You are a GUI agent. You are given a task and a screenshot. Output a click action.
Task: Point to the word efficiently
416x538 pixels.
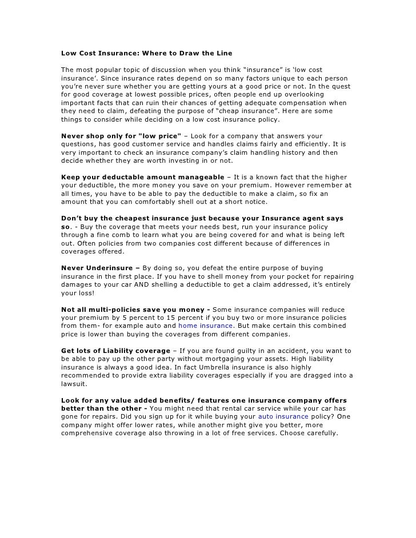pyautogui.click(x=309, y=144)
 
